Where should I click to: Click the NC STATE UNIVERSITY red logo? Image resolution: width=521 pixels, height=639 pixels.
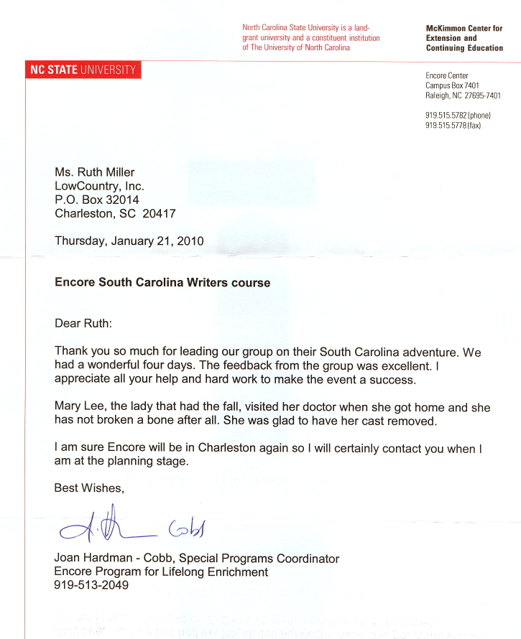pyautogui.click(x=83, y=70)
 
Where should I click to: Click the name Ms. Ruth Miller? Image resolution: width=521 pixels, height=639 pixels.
pyautogui.click(x=95, y=172)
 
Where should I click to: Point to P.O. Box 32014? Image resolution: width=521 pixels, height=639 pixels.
pyautogui.click(x=97, y=200)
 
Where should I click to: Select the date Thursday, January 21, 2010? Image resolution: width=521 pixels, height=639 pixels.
pyautogui.click(x=129, y=241)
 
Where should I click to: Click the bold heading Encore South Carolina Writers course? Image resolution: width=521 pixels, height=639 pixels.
pyautogui.click(x=162, y=283)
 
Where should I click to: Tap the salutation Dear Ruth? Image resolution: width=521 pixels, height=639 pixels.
pyautogui.click(x=83, y=323)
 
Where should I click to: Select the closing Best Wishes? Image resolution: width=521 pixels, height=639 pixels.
pyautogui.click(x=90, y=488)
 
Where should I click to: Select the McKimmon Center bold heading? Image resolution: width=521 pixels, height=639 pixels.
pyautogui.click(x=464, y=38)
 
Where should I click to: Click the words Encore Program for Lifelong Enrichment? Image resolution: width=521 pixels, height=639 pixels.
pyautogui.click(x=161, y=572)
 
